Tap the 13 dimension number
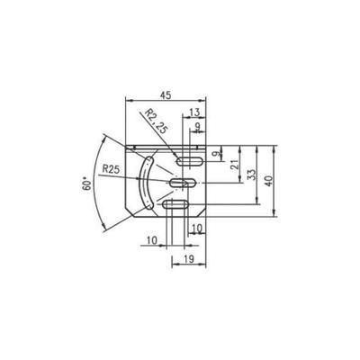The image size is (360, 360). click(196, 112)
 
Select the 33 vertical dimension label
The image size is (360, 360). click(252, 175)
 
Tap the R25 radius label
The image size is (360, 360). click(112, 168)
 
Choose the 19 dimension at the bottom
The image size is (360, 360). click(187, 259)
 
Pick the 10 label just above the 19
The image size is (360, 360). click(197, 230)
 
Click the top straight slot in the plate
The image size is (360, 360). click(190, 162)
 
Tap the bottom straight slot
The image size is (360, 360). click(175, 207)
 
